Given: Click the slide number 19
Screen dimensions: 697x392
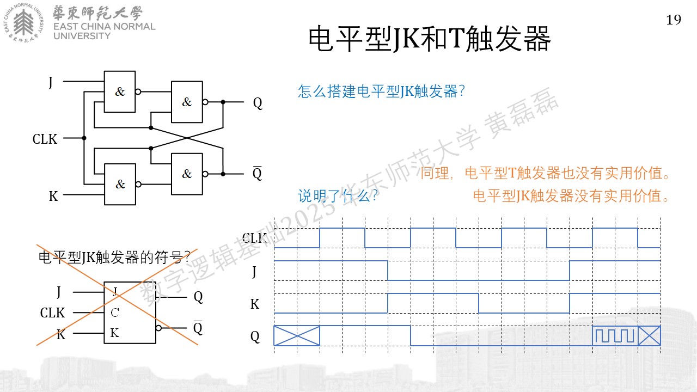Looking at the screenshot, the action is tap(674, 20).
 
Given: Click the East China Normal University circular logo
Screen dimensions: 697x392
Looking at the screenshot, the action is tap(23, 23).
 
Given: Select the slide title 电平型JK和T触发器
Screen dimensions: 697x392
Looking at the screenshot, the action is tap(430, 39).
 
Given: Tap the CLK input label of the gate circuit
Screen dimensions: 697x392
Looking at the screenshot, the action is tap(45, 139).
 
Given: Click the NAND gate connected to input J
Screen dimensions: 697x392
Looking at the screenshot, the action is tap(120, 92).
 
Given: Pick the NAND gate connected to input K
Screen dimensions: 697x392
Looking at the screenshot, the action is tap(120, 184).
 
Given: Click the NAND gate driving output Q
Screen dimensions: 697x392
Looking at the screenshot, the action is tap(187, 102).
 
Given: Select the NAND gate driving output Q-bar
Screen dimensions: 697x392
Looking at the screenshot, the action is tap(187, 174).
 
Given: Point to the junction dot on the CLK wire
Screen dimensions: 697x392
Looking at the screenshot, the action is tap(84, 138).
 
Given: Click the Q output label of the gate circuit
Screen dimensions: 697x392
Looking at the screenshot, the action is tap(258, 103).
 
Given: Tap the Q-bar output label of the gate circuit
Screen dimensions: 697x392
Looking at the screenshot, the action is tap(258, 173).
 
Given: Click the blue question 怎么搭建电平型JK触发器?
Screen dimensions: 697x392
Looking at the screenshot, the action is tap(381, 91).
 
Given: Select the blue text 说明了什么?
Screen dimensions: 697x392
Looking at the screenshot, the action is tap(338, 195).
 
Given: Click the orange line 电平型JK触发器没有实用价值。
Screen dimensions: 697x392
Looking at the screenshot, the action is tap(571, 196).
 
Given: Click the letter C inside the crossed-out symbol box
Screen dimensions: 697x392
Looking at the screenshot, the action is tap(115, 313).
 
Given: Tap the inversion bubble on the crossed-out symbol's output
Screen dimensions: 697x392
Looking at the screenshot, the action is tap(158, 328).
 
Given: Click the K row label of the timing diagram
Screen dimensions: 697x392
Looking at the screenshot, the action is tap(255, 304).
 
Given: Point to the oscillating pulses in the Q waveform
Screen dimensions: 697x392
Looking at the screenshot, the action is tap(615, 336).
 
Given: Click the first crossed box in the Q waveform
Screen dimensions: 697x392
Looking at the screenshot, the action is tap(297, 336).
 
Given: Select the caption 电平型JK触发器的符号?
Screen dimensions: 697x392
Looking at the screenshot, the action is tap(114, 258).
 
